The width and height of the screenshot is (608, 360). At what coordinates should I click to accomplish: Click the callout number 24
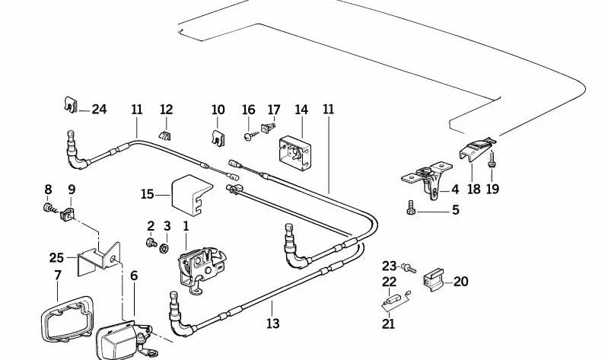pyautogui.click(x=99, y=110)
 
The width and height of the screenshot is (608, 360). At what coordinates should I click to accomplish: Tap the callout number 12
pyautogui.click(x=166, y=110)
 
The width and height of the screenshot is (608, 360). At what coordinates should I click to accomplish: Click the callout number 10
pyautogui.click(x=218, y=110)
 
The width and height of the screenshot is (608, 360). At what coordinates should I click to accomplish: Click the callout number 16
pyautogui.click(x=249, y=110)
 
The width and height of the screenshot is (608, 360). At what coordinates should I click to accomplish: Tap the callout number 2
pyautogui.click(x=151, y=226)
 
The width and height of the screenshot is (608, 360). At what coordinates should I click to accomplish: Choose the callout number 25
pyautogui.click(x=56, y=258)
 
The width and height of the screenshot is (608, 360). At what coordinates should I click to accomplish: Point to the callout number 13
pyautogui.click(x=272, y=323)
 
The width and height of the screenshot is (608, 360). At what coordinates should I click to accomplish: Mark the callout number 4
pyautogui.click(x=454, y=190)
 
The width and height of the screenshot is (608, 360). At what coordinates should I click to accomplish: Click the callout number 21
pyautogui.click(x=389, y=323)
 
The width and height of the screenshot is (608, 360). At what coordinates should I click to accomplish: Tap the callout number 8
pyautogui.click(x=48, y=189)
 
